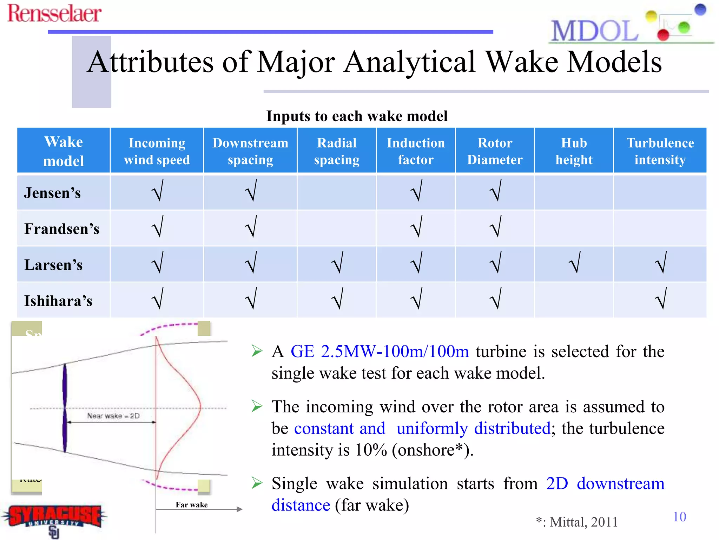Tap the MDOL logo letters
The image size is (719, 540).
pos(594,31)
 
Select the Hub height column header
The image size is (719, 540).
pos(574,151)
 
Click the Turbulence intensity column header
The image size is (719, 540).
pos(660,151)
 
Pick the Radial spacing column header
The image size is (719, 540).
pos(336,151)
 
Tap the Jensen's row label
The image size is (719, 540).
pos(52,193)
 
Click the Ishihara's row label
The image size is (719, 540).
pos(58,301)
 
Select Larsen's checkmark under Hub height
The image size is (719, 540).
pos(574,263)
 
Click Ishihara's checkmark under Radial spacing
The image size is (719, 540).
pos(337,298)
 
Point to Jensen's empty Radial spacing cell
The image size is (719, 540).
pos(336,193)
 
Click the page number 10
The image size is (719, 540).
pos(679,516)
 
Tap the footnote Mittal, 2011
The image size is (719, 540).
pos(583,522)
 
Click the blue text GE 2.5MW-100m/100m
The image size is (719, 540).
pos(380,352)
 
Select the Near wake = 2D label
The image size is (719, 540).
pos(113,416)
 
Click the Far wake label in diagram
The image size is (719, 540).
pos(191,505)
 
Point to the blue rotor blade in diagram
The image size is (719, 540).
pos(65,408)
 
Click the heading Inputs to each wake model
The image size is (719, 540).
pos(357,116)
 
